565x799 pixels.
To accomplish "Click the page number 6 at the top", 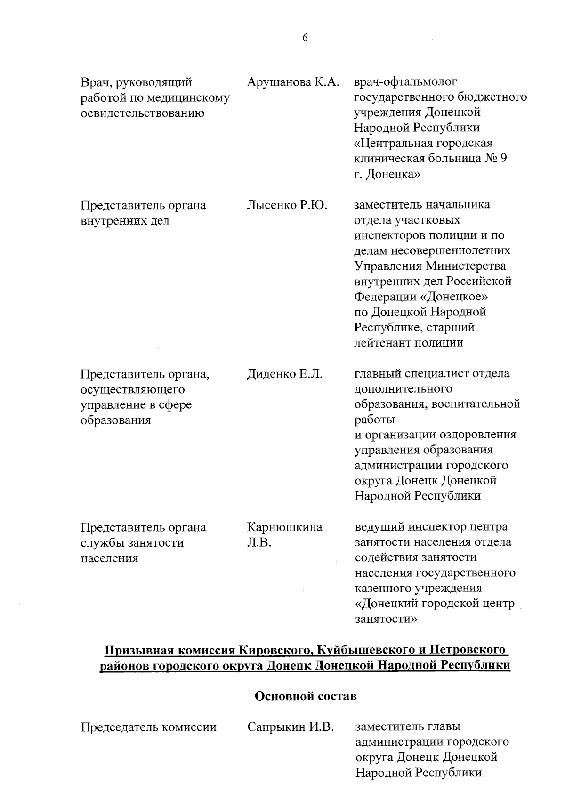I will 305,38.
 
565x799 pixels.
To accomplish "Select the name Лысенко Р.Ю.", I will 287,205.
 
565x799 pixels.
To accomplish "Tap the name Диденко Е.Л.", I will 284,374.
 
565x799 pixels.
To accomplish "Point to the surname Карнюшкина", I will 285,527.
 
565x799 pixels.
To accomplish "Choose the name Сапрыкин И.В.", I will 291,727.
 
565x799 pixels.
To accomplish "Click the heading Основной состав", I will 306,696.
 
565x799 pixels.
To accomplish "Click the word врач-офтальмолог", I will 405,82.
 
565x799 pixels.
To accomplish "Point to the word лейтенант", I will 382,343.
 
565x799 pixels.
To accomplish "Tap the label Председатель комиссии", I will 149,727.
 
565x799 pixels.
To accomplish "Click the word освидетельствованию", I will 142,113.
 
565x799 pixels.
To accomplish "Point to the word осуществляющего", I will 133,389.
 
